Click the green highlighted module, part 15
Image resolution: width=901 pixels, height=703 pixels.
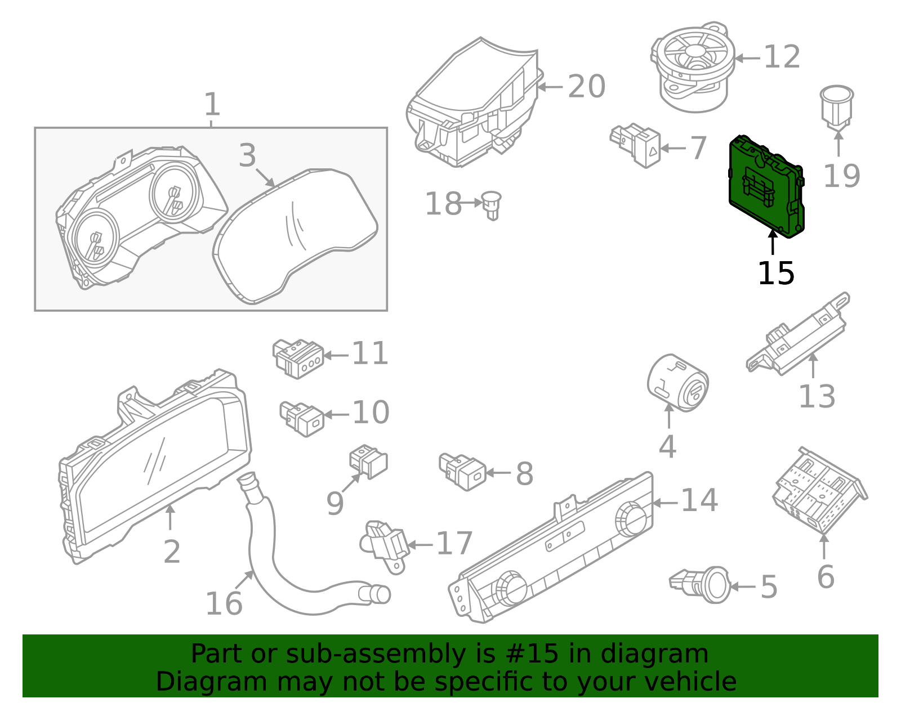tap(766, 186)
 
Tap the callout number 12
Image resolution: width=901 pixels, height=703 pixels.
tap(782, 57)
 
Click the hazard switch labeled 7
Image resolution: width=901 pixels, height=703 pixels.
tap(636, 145)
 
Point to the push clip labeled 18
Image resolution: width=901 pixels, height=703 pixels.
tap(492, 204)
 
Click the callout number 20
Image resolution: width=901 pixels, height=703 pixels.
tap(586, 87)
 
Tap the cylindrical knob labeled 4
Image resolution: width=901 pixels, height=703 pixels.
tap(677, 383)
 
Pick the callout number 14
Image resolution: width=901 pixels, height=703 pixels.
tap(699, 500)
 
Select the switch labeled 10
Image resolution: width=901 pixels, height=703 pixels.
tap(302, 418)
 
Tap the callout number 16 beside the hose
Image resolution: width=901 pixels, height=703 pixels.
tap(224, 603)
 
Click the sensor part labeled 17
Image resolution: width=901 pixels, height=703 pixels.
tap(386, 544)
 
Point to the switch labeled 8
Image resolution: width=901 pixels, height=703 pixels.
tap(463, 471)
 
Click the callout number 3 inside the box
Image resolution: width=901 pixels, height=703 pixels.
tap(247, 155)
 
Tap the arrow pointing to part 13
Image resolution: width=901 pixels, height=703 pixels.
tap(813, 365)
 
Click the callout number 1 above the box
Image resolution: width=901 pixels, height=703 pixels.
tap(211, 105)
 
